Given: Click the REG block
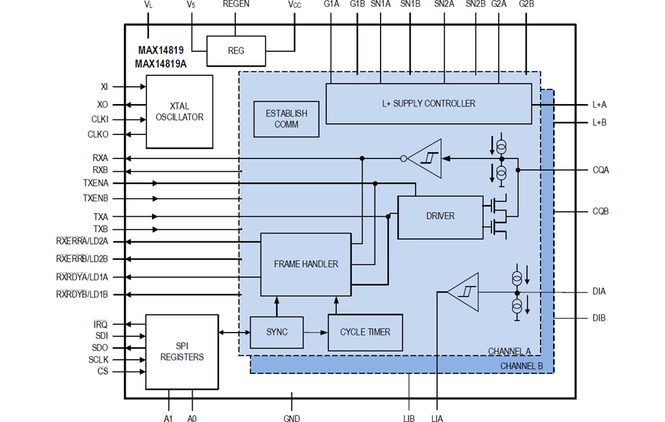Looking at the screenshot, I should click(x=236, y=51).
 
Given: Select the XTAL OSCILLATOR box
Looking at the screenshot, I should click(x=179, y=112).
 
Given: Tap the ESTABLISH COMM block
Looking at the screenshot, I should click(x=286, y=119).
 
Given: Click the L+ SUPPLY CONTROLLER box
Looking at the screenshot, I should click(x=428, y=103).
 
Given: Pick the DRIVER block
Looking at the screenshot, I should click(x=440, y=216).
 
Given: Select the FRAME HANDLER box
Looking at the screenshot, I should click(x=305, y=264).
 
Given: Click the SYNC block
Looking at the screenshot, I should click(x=276, y=332).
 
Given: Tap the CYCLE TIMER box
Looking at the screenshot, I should click(x=365, y=332).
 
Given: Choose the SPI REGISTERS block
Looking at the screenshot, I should click(x=182, y=352).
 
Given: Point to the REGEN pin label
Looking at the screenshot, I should click(x=236, y=4).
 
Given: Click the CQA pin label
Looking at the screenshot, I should click(x=600, y=170).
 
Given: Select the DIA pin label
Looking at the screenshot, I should click(x=598, y=292).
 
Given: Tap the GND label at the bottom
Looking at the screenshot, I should click(x=292, y=418).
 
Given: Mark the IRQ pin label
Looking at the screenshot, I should click(x=100, y=324).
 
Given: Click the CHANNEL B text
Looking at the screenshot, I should click(x=521, y=366).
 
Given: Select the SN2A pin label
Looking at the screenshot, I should click(x=444, y=4).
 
